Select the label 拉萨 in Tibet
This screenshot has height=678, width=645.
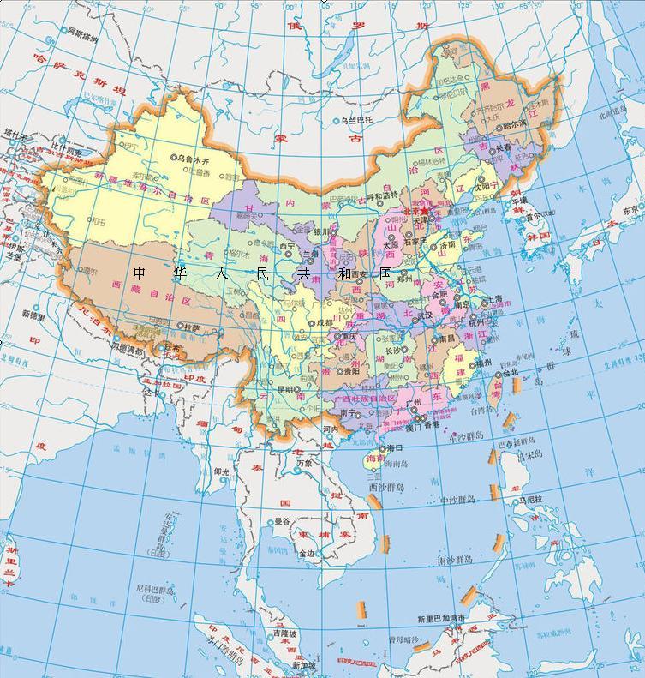(x=190, y=327)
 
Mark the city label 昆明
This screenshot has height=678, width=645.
(x=285, y=388)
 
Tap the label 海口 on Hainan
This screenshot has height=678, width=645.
(x=394, y=448)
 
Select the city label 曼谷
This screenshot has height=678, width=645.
(x=282, y=521)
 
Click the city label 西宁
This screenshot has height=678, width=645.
(x=287, y=245)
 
